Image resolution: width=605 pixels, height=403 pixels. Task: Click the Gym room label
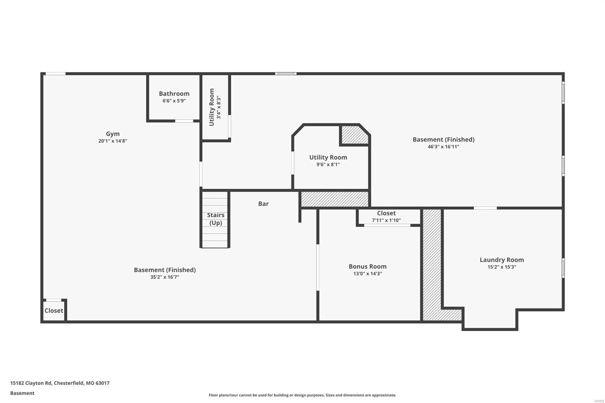pos(113,134)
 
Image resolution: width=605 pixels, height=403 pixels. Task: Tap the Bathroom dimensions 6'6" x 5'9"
pos(174,101)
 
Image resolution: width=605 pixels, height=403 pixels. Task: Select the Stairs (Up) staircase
pos(215,219)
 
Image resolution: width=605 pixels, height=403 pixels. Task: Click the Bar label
pos(263,204)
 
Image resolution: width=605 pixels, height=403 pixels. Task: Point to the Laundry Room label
pos(501,260)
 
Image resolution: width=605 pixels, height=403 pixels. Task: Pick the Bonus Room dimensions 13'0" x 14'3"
pos(367,274)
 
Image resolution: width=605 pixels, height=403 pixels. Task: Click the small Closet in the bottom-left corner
pos(54,310)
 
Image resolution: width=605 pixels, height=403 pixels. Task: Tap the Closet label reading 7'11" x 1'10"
pos(386,220)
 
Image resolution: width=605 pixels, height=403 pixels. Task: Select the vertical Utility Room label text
pos(212,107)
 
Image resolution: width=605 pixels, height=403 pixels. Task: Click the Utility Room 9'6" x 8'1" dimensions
pos(328,164)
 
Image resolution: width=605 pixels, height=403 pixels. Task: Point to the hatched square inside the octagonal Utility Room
pos(355,135)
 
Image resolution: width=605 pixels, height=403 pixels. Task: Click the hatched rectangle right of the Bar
pos(335,199)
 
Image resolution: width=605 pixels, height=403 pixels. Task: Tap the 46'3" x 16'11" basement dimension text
pos(443,147)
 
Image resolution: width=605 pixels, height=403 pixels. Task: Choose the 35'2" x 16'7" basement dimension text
pos(164,277)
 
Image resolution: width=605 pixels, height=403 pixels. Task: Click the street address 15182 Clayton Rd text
pos(60,383)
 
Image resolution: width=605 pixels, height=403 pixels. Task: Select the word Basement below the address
pos(22,393)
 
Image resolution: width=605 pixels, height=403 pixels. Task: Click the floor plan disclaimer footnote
pos(302,395)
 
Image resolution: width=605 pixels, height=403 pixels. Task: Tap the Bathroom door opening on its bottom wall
pos(184,121)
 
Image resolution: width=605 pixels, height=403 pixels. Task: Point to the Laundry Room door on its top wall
pos(485,208)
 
